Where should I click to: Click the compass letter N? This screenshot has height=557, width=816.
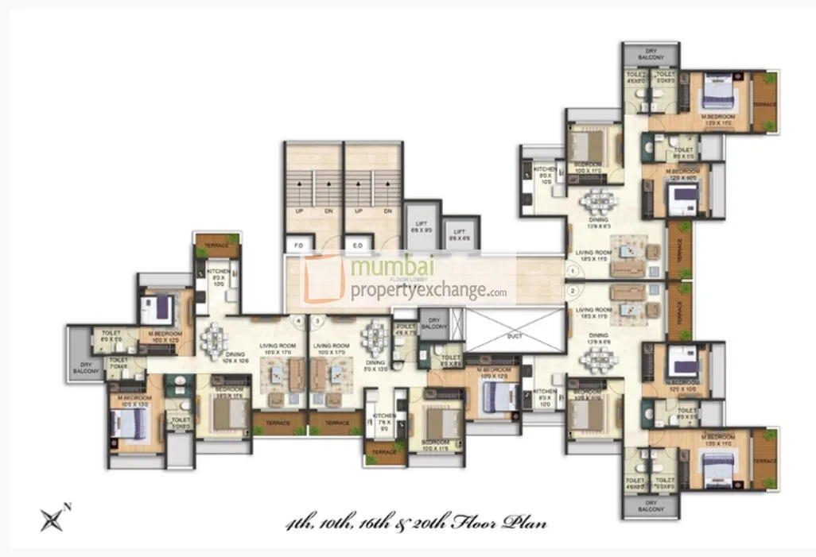pos(68,507)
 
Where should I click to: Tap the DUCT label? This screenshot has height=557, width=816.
pos(514,336)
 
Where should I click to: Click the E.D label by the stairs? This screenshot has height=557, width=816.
pos(358,246)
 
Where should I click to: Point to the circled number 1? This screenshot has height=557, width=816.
pos(572,272)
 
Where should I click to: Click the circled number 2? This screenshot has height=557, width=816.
pos(572,291)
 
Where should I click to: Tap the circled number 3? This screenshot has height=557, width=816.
pos(318,322)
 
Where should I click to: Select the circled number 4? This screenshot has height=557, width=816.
pos(298,322)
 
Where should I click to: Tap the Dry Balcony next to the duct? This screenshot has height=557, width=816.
pos(433,325)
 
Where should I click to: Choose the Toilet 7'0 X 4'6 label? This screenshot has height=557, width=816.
pos(119,366)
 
